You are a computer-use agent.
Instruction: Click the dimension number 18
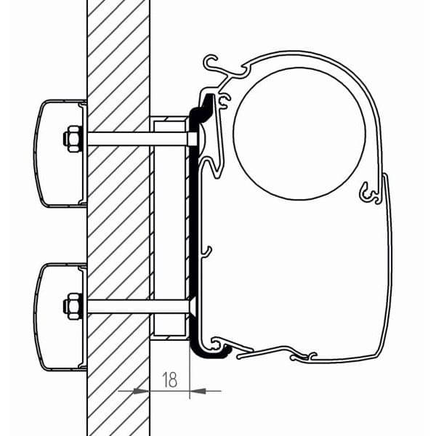[170, 379]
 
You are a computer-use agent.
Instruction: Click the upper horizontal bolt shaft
[138, 138]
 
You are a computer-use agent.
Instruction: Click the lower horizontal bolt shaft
[138, 306]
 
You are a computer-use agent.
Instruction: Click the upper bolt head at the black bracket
[193, 138]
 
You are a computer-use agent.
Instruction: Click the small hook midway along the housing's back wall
[207, 252]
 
